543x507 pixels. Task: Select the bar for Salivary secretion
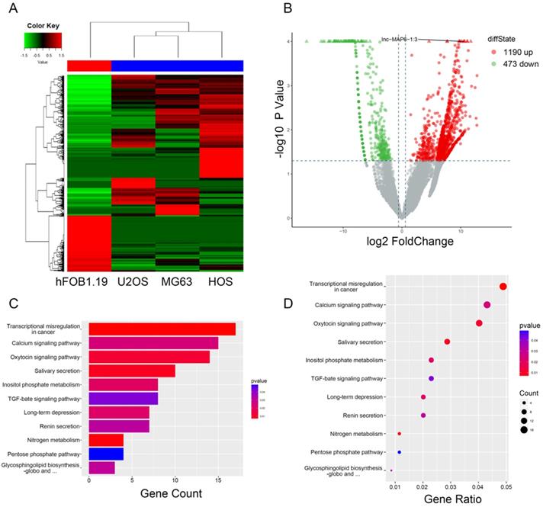[132, 371]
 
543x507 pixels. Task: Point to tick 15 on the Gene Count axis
[218, 480]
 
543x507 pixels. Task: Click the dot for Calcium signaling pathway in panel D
[487, 305]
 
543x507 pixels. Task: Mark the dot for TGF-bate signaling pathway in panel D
[432, 378]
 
